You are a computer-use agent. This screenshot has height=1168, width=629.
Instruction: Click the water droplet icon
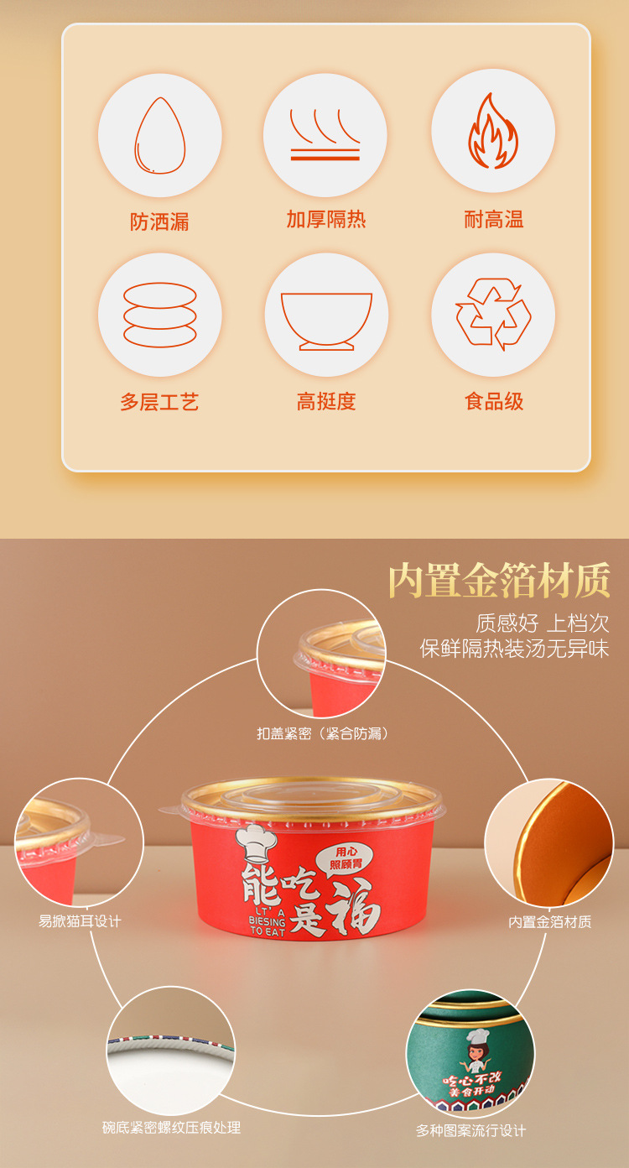(159, 136)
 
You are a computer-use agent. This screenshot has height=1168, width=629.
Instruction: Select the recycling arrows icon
(493, 315)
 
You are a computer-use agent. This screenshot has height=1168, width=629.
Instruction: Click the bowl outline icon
(326, 320)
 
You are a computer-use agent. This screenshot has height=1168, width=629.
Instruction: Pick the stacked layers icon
(159, 315)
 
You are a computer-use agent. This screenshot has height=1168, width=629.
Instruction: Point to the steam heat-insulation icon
(325, 134)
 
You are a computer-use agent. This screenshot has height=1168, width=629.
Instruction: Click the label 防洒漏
(159, 222)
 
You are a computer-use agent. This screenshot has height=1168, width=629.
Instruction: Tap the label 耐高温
(494, 220)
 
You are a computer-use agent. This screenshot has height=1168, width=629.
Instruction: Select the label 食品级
(494, 401)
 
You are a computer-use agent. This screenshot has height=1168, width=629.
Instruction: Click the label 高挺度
(326, 401)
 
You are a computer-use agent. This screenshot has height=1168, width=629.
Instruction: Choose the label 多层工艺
(159, 402)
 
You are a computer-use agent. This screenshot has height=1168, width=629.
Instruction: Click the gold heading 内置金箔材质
(498, 581)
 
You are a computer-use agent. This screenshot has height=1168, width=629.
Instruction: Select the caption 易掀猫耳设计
(80, 921)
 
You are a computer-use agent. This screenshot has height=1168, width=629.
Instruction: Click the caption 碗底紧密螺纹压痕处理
(171, 1128)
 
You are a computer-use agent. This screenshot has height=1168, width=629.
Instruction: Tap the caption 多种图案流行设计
(470, 1130)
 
